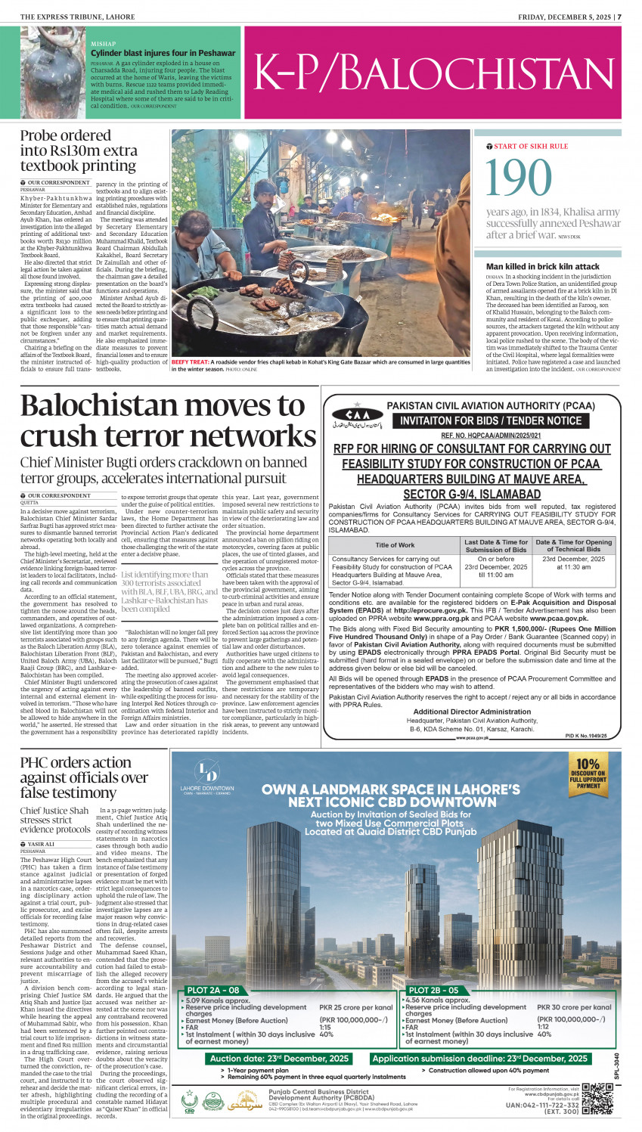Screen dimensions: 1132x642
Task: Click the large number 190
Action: pos(519,178)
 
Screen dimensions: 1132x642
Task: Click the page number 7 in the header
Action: pos(619,16)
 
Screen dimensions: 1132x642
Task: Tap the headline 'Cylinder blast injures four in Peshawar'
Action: pos(163,53)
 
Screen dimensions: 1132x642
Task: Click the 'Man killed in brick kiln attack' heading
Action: pos(542,266)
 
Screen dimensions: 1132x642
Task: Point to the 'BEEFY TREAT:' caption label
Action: pos(190,362)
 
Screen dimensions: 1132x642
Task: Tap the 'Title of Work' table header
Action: pos(395,545)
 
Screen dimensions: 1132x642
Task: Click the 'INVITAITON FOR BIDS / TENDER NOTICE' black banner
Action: pos(491,420)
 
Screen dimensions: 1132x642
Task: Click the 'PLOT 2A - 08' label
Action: pos(213,990)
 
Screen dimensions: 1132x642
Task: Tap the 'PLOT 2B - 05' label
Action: pos(433,990)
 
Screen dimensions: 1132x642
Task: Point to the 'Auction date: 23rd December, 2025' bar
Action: pos(280,1059)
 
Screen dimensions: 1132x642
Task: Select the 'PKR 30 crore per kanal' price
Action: pos(574,1007)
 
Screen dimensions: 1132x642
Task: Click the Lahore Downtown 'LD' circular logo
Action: pos(207,771)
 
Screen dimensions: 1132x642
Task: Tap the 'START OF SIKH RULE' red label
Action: pos(531,146)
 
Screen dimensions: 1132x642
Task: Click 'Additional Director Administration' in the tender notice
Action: pos(472,712)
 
